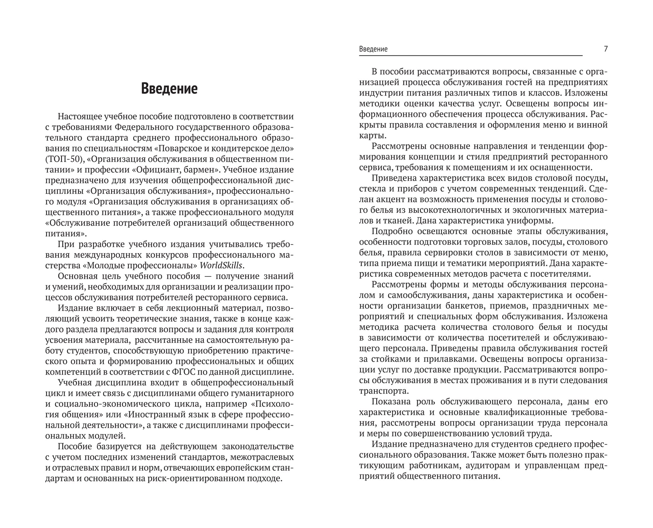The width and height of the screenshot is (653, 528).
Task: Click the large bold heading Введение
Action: (169, 88)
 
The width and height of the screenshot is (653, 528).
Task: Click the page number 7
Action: (606, 49)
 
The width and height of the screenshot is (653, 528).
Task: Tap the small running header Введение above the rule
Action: (373, 49)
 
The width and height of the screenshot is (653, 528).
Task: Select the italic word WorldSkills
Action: (221, 265)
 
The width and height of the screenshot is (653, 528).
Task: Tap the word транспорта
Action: (384, 391)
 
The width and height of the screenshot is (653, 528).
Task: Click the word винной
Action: (595, 125)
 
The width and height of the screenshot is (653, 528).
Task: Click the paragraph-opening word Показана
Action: (391, 402)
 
